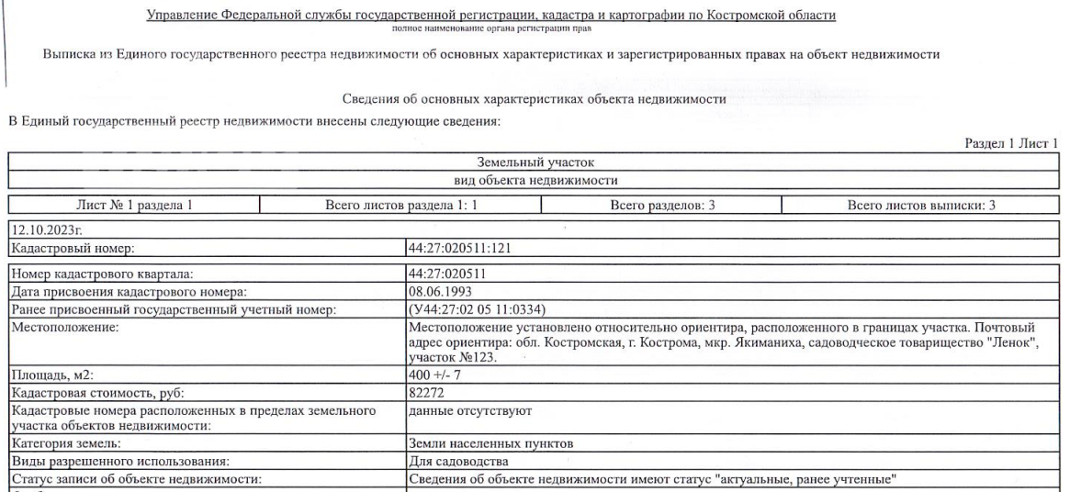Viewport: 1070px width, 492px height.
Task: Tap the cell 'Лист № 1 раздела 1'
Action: coord(134,207)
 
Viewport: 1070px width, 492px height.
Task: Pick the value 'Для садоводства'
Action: coord(453,461)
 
